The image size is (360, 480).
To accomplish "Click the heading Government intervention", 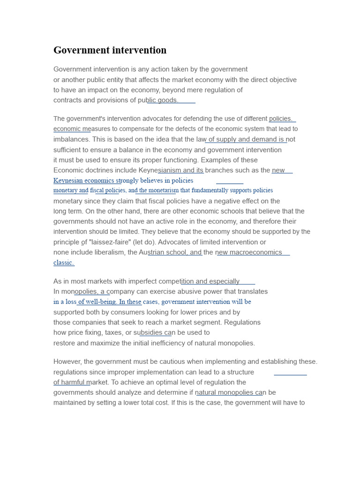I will point(110,50).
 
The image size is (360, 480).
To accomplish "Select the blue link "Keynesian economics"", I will point(84,180).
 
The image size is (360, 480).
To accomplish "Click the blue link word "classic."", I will point(64,262).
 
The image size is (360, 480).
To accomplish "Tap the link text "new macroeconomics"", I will point(249,252).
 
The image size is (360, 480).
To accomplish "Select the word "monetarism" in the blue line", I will point(163,190).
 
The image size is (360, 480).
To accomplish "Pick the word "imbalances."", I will point(71,139).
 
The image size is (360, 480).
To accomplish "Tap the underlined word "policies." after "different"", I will point(281,119).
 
